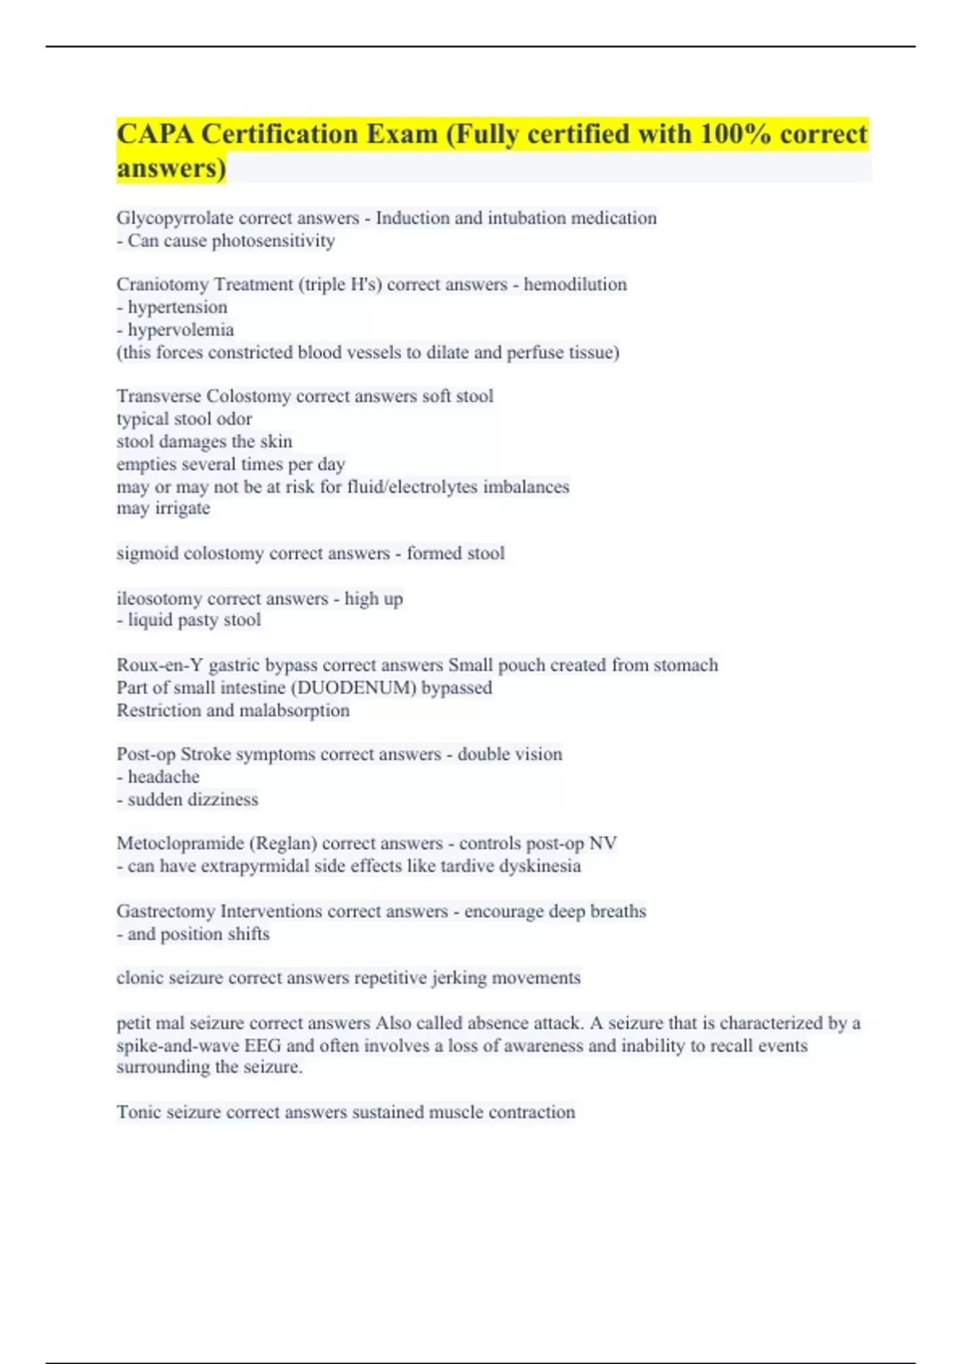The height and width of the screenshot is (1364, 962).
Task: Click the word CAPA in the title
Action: (x=155, y=134)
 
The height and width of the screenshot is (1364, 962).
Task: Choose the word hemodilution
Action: (x=575, y=285)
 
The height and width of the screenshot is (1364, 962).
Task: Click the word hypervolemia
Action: (x=181, y=330)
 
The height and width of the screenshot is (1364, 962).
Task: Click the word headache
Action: (x=164, y=777)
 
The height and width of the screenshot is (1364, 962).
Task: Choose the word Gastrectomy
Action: (x=165, y=911)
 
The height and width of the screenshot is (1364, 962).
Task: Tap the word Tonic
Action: (x=138, y=1112)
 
